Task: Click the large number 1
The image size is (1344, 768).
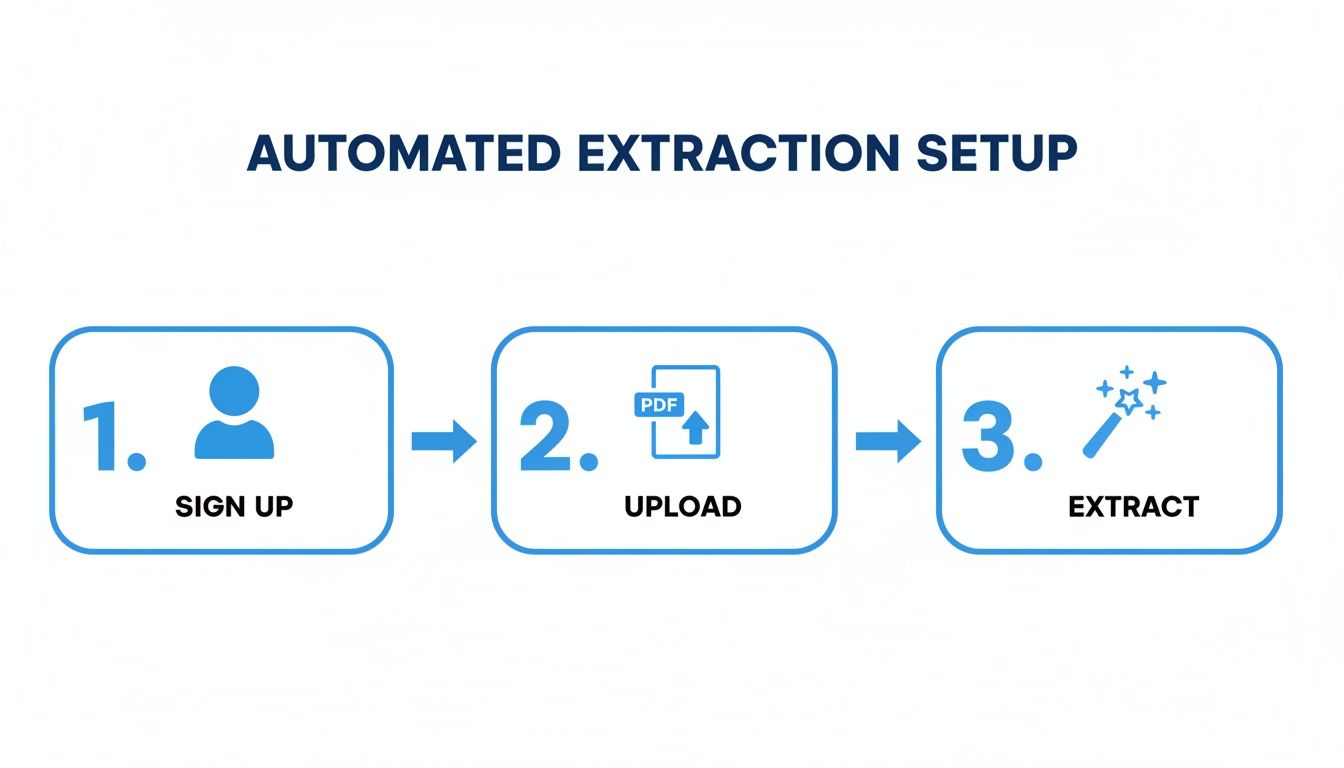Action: tap(103, 436)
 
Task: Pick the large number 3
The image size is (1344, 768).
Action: tap(988, 436)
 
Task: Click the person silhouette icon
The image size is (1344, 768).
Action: tap(233, 413)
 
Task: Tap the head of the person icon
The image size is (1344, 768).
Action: tap(233, 390)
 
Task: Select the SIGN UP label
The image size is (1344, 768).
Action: tap(234, 507)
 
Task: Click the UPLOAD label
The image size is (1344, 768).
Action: tap(682, 507)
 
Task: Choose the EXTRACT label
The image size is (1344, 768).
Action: tap(1133, 507)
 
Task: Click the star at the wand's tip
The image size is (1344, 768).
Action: tap(1130, 400)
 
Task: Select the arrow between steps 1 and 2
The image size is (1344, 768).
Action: tap(443, 440)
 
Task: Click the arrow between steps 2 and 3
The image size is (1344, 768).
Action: tap(888, 440)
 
